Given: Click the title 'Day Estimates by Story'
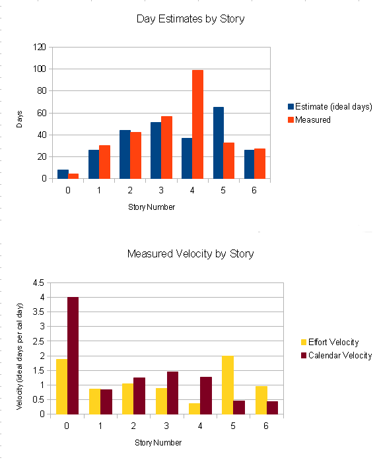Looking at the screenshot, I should click(x=190, y=18).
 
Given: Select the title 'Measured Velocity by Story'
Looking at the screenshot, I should click(x=190, y=253).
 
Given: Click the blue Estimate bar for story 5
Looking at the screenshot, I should click(x=218, y=143).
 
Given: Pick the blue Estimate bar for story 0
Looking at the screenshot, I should click(x=63, y=174).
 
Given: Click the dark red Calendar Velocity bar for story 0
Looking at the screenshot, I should click(x=73, y=356).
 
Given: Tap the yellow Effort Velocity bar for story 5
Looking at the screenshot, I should click(x=228, y=385).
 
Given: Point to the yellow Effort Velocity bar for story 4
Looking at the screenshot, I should click(x=194, y=409).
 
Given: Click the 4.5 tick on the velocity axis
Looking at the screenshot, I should click(x=38, y=282).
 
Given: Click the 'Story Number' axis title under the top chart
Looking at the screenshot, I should click(x=151, y=207).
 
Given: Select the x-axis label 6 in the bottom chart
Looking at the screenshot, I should click(x=265, y=426).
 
